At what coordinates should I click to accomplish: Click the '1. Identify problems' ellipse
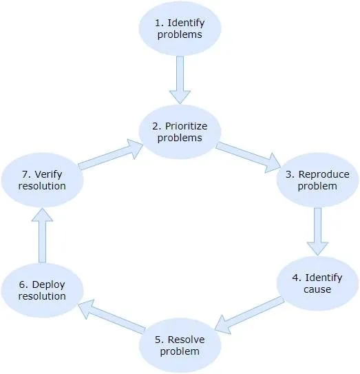180,29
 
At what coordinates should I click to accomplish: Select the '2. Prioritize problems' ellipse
180,132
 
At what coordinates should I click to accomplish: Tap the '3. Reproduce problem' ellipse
317,180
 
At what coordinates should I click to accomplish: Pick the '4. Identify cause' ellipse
317,283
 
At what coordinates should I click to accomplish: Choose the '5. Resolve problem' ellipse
180,345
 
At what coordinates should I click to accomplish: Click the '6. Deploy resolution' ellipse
42,290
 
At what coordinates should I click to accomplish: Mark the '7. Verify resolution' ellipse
42,180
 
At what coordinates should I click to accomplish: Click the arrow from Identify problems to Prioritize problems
180,80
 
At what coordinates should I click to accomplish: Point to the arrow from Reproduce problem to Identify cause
317,231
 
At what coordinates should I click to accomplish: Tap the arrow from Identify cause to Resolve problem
249,315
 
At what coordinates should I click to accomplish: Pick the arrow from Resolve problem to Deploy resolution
112,316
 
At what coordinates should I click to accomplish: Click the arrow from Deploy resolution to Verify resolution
42,236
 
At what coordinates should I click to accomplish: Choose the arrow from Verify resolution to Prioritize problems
111,154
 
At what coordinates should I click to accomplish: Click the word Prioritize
187,127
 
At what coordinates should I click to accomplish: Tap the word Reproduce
324,175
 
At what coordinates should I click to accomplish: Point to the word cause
317,289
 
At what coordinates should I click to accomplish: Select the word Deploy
48,285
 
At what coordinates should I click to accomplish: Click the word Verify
48,174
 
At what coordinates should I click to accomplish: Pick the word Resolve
187,340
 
